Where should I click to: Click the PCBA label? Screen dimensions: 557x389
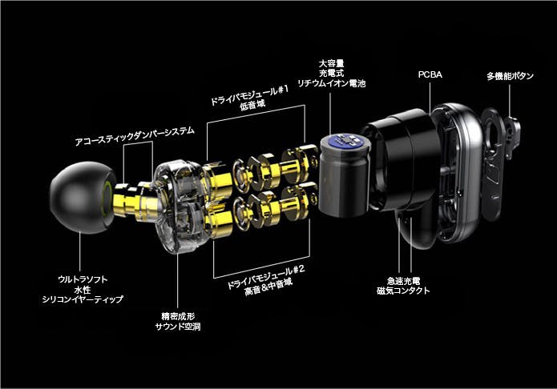(430, 74)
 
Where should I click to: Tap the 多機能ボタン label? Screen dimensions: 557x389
(510, 76)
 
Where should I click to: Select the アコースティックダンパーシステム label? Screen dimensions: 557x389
(135, 136)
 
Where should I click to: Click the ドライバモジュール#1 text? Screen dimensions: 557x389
(249, 95)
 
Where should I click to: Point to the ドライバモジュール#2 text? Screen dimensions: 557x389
(265, 277)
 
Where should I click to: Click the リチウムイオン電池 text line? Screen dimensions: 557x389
(332, 83)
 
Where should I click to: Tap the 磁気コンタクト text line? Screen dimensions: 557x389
(403, 291)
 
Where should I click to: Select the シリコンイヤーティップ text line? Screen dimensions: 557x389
(83, 299)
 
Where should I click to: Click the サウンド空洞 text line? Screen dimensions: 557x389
(178, 327)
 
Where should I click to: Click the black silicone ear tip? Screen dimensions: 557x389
(79, 198)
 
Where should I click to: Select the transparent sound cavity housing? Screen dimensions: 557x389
(178, 207)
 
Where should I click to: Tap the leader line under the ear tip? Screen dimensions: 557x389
(80, 252)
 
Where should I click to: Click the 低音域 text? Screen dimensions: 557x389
(252, 105)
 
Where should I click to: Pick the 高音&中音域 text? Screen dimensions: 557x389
(268, 287)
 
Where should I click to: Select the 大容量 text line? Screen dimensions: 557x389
(332, 64)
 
